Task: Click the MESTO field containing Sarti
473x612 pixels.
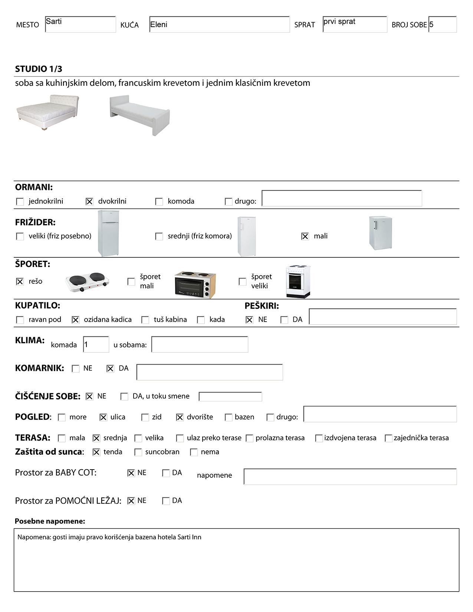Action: click(x=80, y=24)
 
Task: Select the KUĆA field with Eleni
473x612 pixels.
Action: click(x=219, y=24)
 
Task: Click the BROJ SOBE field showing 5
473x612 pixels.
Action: click(x=442, y=24)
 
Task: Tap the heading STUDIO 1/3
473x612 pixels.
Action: click(x=39, y=69)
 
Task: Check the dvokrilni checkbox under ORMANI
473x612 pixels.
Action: click(x=89, y=201)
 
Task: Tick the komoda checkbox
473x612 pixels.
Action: click(x=159, y=201)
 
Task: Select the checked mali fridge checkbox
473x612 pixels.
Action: click(x=305, y=236)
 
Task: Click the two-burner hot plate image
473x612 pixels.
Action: click(x=88, y=282)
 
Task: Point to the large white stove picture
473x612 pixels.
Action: click(x=298, y=282)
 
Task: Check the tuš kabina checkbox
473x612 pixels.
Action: click(x=145, y=320)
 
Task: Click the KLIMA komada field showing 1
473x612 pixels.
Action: click(x=96, y=345)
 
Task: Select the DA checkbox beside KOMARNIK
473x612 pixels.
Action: click(x=110, y=369)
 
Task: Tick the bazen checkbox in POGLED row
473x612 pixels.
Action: click(x=229, y=417)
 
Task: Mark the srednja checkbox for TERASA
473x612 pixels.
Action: click(x=96, y=438)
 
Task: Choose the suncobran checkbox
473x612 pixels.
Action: click(x=138, y=452)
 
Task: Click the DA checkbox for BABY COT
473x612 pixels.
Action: click(x=166, y=473)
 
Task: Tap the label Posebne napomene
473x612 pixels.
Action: click(x=50, y=521)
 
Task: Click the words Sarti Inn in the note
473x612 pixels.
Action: click(x=189, y=537)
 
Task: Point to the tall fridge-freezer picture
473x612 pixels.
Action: click(x=108, y=233)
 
